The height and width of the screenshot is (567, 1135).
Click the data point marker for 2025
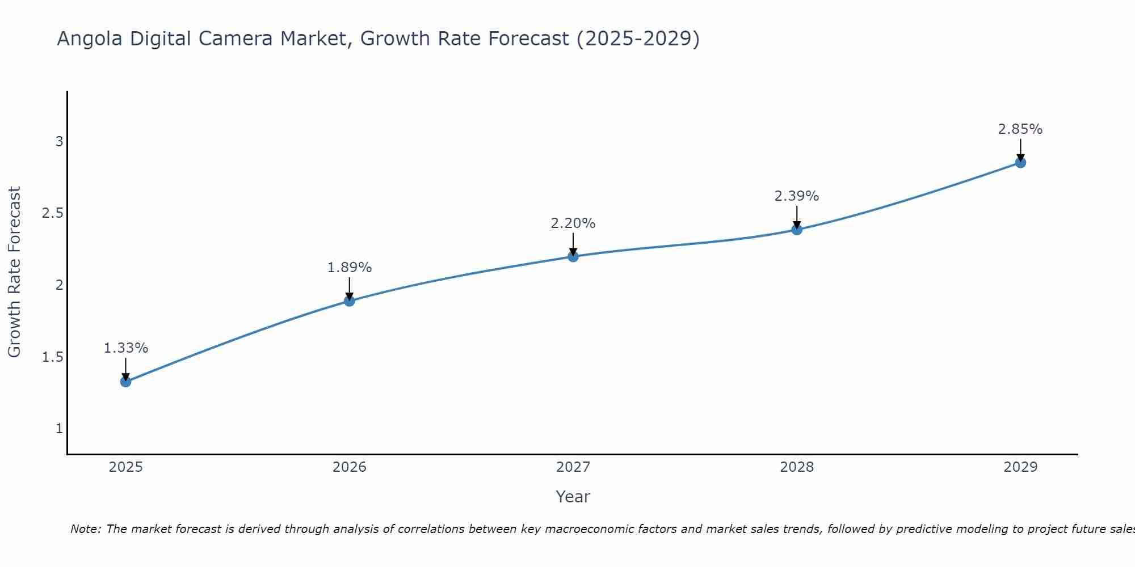click(x=126, y=382)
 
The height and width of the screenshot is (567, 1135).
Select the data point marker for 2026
click(x=350, y=301)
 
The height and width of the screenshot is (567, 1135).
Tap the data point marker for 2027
click(x=573, y=256)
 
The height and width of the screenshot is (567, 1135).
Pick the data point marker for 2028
click(x=797, y=230)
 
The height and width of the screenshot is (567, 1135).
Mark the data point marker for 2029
click(x=1020, y=163)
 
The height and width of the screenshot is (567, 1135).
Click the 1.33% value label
click(x=126, y=348)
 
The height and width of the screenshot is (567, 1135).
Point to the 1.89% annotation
click(x=350, y=268)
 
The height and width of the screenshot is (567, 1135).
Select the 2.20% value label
click(x=573, y=223)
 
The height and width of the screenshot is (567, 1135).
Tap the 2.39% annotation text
click(x=797, y=196)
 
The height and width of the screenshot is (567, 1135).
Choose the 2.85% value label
click(x=1020, y=129)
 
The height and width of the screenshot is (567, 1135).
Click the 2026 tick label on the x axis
click(x=350, y=467)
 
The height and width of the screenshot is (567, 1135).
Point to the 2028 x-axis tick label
click(x=797, y=467)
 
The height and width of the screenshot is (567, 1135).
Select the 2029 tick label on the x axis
click(x=1020, y=467)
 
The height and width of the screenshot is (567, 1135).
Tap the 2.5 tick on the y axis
click(x=52, y=213)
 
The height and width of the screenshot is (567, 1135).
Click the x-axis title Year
click(x=573, y=497)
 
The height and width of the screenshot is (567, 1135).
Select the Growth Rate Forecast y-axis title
click(x=14, y=272)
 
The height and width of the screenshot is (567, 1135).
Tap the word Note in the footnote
click(x=85, y=529)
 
